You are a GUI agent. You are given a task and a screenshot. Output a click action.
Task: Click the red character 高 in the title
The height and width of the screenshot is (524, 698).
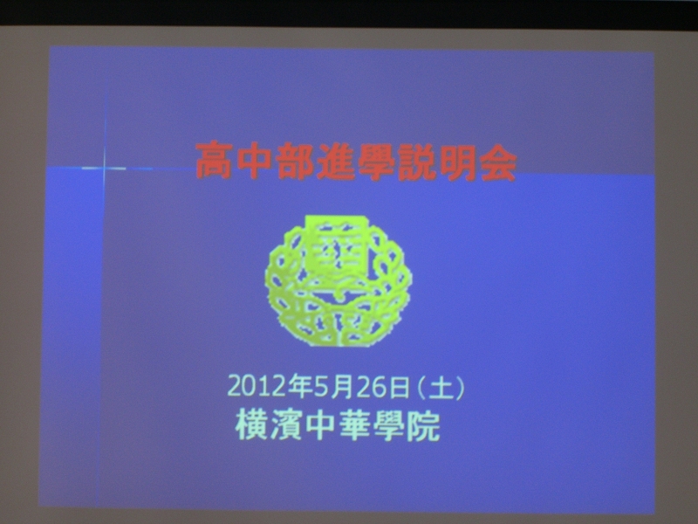pyautogui.click(x=214, y=161)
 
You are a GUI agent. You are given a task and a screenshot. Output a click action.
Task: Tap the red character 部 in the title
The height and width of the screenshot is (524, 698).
pyautogui.click(x=295, y=162)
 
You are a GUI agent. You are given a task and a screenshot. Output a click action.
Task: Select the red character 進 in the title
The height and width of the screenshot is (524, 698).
pyautogui.click(x=335, y=162)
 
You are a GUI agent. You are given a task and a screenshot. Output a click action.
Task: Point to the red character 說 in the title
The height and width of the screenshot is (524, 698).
pyautogui.click(x=415, y=162)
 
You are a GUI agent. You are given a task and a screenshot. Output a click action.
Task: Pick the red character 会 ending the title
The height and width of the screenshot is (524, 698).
pyautogui.click(x=496, y=163)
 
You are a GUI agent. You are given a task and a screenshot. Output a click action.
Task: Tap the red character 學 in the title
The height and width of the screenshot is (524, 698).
pyautogui.click(x=375, y=162)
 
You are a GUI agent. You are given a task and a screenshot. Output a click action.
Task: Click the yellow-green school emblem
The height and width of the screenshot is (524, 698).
pyautogui.click(x=339, y=280)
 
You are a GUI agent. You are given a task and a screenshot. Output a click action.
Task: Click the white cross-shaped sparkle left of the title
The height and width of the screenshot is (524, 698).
pyautogui.click(x=105, y=168)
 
